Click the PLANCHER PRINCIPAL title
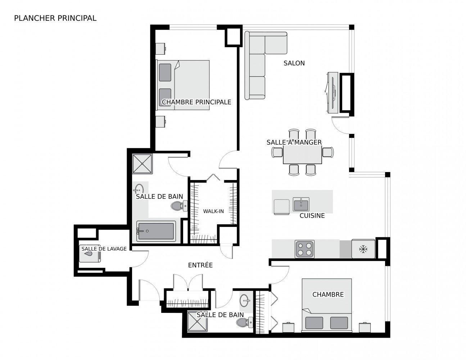tap(55, 18)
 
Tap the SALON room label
tap(294, 63)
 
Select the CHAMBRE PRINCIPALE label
tap(196, 102)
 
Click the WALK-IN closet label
tap(213, 211)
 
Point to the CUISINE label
tap(312, 216)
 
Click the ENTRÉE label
tap(200, 265)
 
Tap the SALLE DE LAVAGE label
tap(104, 249)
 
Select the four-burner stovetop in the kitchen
tap(304, 249)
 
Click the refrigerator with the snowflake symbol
tap(363, 249)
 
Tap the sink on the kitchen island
tap(301, 204)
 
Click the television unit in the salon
tap(332, 93)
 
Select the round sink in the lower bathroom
tap(246, 300)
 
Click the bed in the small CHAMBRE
tap(326, 305)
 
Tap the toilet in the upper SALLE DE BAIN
tap(179, 206)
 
